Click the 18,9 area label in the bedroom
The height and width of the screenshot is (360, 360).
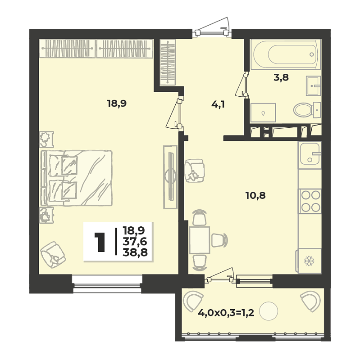click(x=117, y=104)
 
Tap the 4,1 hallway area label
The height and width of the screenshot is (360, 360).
click(x=218, y=104)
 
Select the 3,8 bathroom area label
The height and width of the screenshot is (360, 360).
click(x=281, y=77)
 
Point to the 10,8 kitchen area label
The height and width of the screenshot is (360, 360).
click(x=255, y=196)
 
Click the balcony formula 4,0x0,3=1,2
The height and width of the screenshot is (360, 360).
click(x=226, y=313)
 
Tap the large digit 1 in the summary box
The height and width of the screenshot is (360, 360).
click(x=100, y=242)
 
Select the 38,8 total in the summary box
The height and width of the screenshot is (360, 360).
click(x=135, y=252)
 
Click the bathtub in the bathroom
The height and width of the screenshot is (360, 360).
click(x=286, y=54)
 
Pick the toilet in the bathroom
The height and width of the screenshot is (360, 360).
click(x=307, y=110)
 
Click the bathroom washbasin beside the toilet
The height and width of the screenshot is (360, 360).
click(x=313, y=86)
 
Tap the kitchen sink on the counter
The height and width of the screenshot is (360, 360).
click(x=310, y=153)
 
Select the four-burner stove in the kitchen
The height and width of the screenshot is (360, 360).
click(x=310, y=201)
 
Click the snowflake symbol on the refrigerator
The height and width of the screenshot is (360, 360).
click(x=309, y=261)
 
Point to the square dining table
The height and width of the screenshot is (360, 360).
click(x=200, y=240)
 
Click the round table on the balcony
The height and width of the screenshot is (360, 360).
click(x=268, y=311)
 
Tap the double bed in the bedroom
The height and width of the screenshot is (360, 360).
click(x=77, y=178)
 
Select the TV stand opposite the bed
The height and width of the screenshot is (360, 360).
click(x=170, y=177)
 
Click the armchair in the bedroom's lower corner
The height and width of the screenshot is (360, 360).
click(x=53, y=255)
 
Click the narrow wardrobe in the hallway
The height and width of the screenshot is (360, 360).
click(x=168, y=62)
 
